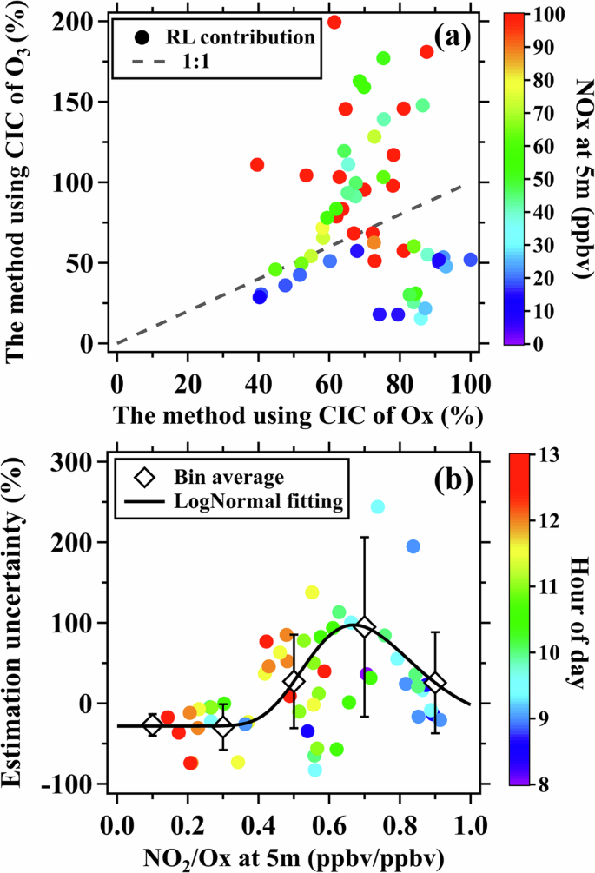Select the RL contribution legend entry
pos(218,37)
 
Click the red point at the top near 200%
pos(334,22)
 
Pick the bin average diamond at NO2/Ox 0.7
pos(365,626)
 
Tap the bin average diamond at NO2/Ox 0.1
pos(152,726)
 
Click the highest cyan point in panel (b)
pos(378,506)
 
